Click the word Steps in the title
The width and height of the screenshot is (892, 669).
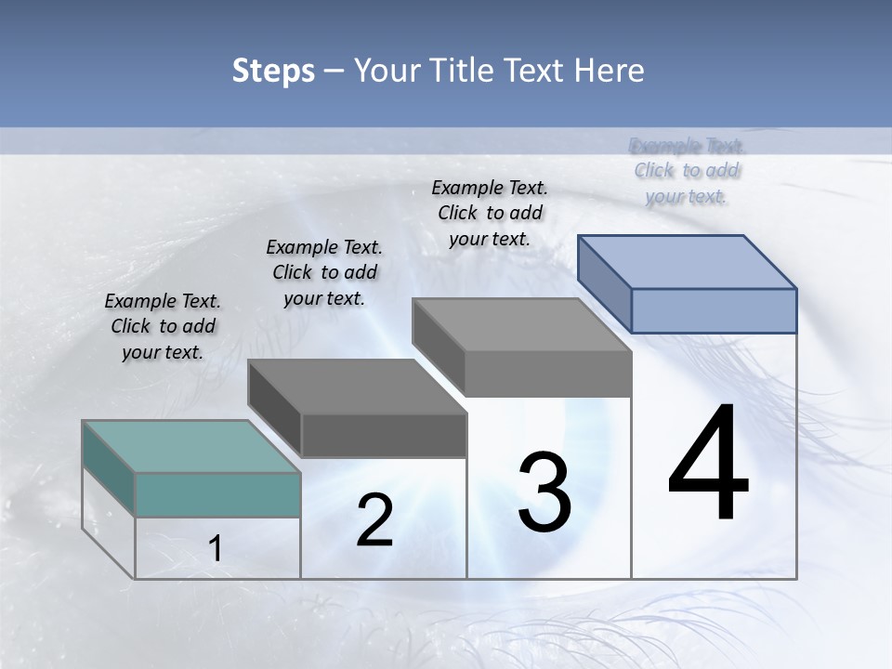coord(273,71)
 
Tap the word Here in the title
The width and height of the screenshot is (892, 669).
coord(610,71)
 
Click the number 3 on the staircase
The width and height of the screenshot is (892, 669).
coord(544,492)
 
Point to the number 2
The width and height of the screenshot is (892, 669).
coord(374,520)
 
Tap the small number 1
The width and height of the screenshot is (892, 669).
coord(216,549)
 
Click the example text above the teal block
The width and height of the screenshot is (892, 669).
coord(163,326)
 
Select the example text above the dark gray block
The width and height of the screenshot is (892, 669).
coord(324,272)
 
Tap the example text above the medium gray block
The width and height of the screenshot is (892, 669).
coord(490,213)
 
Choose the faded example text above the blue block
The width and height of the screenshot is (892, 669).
coord(687,171)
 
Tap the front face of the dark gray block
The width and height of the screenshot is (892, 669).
coord(384,435)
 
